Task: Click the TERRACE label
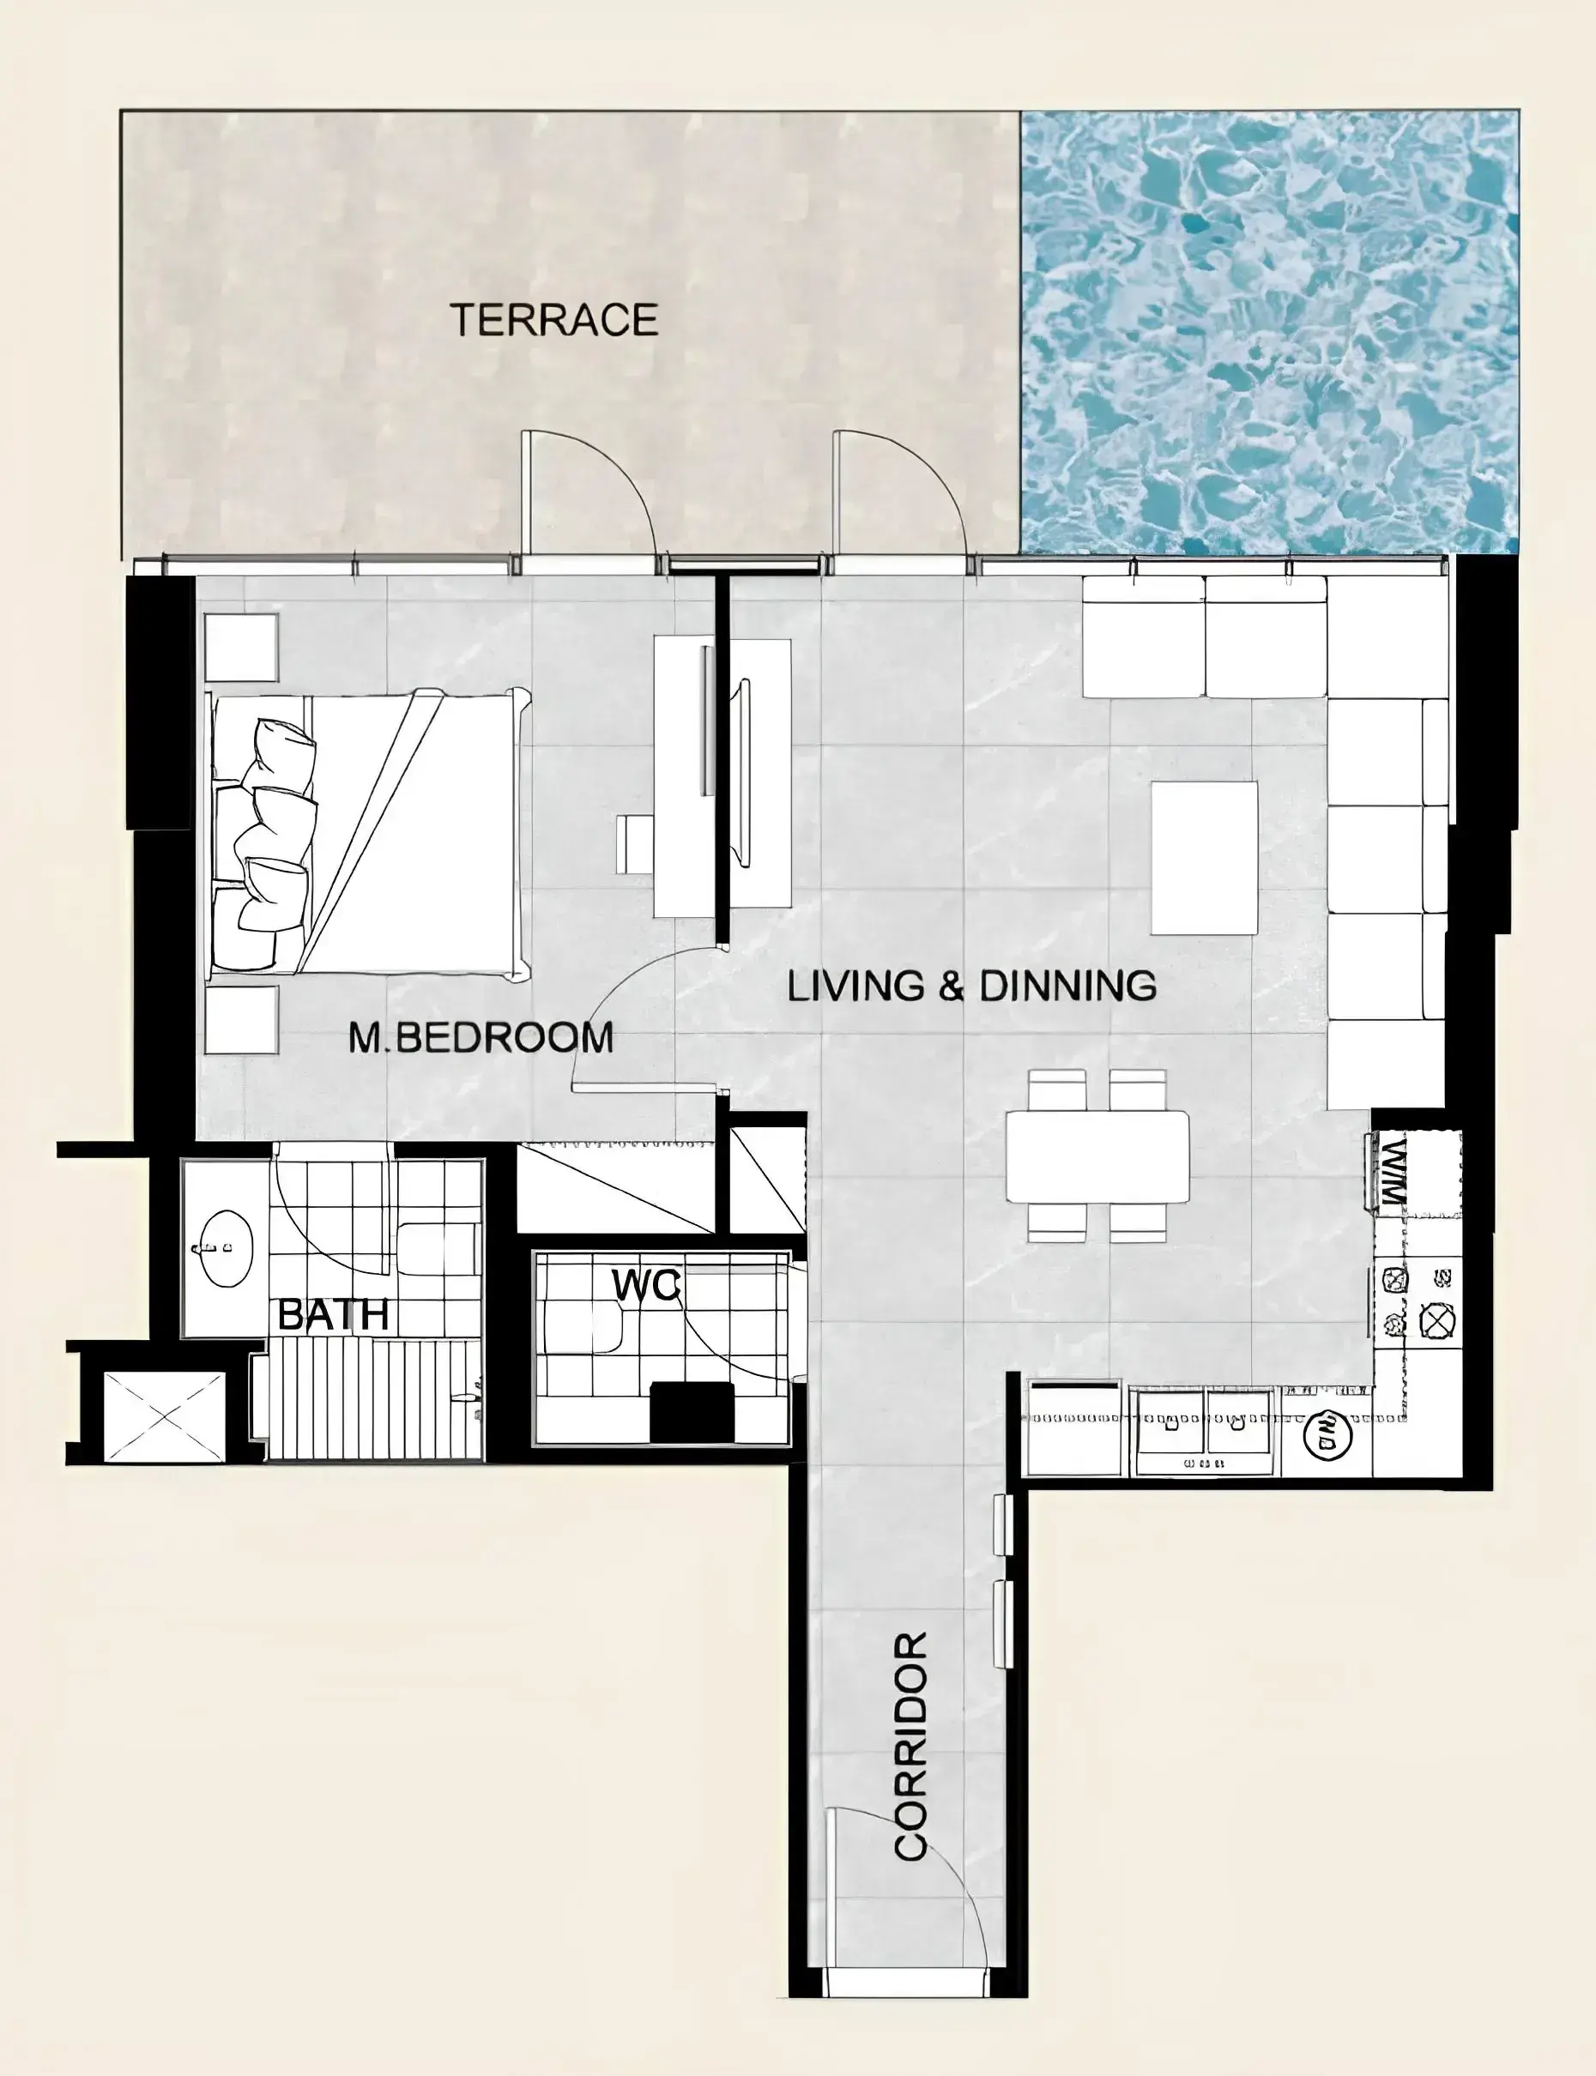(553, 320)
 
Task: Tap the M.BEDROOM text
(481, 1038)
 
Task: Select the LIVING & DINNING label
(972, 986)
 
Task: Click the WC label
(646, 1285)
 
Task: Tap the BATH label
(334, 1315)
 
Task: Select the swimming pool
(1269, 332)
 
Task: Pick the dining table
(1097, 1156)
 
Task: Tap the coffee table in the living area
(1205, 858)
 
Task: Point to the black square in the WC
(692, 1410)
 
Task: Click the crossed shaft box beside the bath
(165, 1417)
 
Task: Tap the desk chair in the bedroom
(635, 843)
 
